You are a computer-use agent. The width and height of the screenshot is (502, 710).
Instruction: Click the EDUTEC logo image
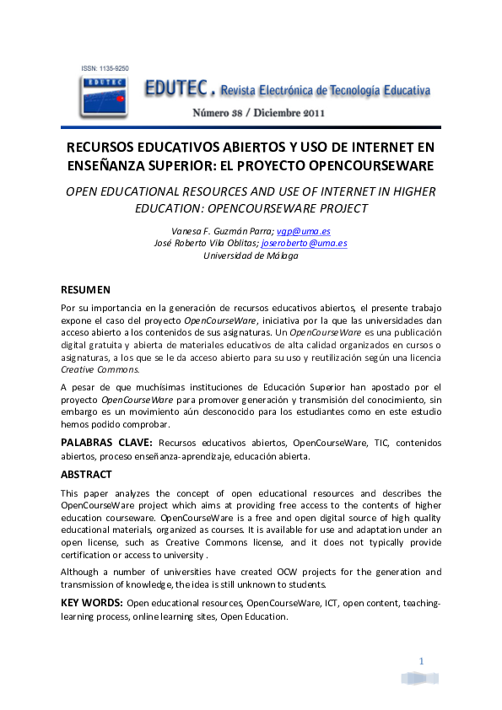click(103, 94)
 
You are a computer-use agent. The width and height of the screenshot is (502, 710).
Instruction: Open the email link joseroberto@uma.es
click(304, 243)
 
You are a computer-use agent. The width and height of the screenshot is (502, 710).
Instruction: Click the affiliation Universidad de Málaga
click(251, 255)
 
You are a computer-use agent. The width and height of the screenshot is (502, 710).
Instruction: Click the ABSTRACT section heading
click(88, 474)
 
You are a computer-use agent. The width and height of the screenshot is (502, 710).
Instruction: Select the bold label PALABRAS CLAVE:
click(106, 443)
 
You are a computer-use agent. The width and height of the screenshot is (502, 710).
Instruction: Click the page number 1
click(420, 659)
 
